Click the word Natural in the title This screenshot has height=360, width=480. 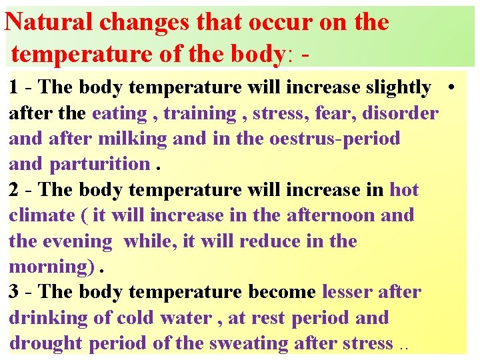point(49,22)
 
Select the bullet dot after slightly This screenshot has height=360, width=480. point(451,87)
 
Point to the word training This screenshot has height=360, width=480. point(199,113)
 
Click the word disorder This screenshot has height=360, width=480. point(400,113)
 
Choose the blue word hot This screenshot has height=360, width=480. point(404,189)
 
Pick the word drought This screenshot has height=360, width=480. point(45,343)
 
